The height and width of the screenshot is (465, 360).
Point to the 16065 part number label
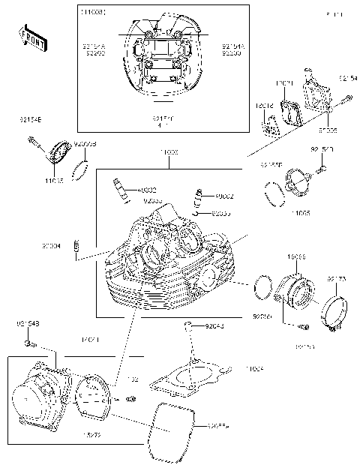296,256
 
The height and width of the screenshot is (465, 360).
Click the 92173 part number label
336,279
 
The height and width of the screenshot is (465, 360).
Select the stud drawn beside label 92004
76,247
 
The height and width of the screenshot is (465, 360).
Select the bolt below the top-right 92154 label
346,97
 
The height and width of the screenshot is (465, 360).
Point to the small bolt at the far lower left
28,343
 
